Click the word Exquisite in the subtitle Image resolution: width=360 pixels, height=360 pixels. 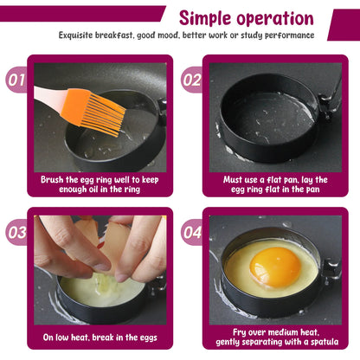click(x=84, y=35)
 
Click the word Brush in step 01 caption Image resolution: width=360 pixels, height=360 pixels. click(x=55, y=179)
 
